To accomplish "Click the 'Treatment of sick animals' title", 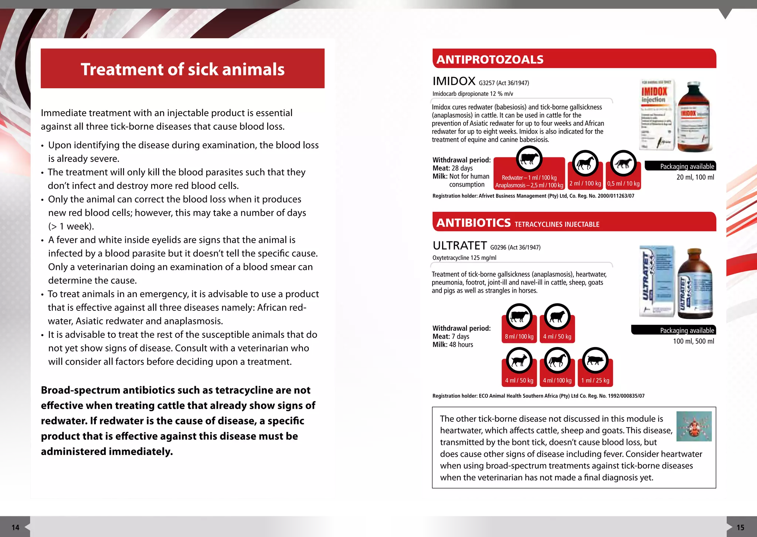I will pyautogui.click(x=183, y=69).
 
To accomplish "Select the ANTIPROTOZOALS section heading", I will pyautogui.click(x=490, y=60).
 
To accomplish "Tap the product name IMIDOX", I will pyautogui.click(x=454, y=81).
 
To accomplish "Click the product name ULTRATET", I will pyautogui.click(x=459, y=245).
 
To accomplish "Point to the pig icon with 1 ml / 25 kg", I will pyautogui.click(x=595, y=360).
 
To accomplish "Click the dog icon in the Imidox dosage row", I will pyautogui.click(x=624, y=163).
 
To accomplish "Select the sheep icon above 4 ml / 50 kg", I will pyautogui.click(x=557, y=317).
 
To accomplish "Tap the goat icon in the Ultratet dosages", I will pyautogui.click(x=519, y=360).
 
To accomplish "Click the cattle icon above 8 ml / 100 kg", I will pyautogui.click(x=519, y=317).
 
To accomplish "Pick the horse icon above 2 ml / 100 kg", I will pyautogui.click(x=585, y=163).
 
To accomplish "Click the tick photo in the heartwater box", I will pyautogui.click(x=694, y=426).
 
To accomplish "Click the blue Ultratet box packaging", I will pyautogui.click(x=657, y=281).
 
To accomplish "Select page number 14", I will pyautogui.click(x=15, y=527).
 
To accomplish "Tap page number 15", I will pyautogui.click(x=740, y=527).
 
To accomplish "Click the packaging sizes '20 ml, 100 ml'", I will pyautogui.click(x=695, y=177).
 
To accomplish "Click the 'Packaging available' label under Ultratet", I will pyautogui.click(x=687, y=330).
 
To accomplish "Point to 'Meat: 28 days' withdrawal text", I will pyautogui.click(x=452, y=168).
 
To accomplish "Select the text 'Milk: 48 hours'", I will pyautogui.click(x=452, y=344).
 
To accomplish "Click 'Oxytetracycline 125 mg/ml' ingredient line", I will pyautogui.click(x=464, y=258).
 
